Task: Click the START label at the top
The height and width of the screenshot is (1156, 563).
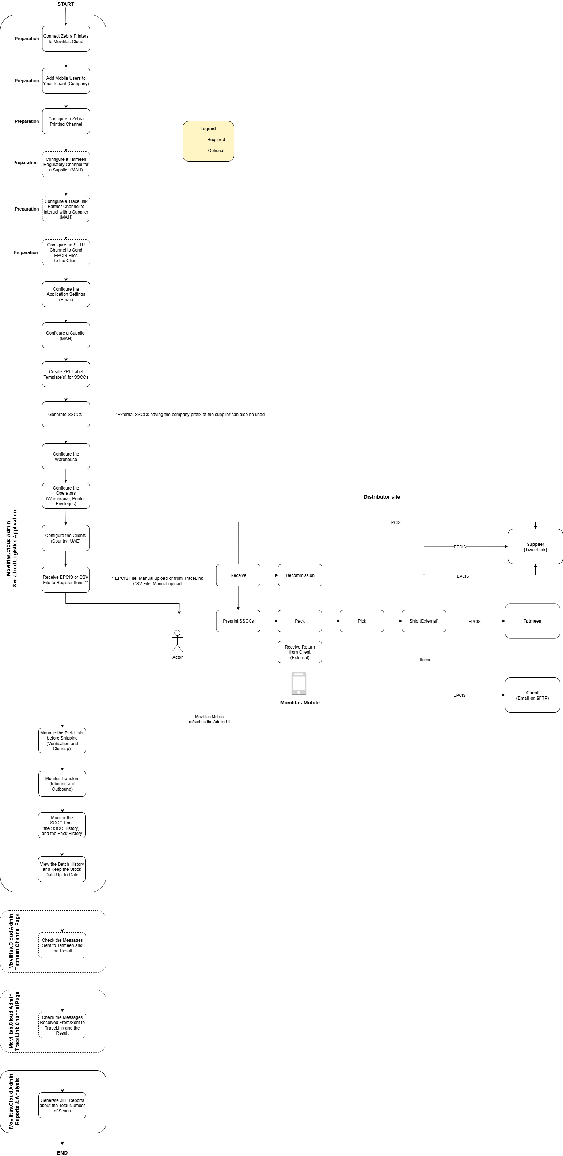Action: (65, 4)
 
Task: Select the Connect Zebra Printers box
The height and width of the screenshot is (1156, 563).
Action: (66, 39)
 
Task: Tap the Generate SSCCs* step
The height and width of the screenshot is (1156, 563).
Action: (66, 414)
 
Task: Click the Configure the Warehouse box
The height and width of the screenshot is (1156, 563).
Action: (66, 456)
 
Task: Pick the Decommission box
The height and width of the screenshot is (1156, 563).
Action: (300, 575)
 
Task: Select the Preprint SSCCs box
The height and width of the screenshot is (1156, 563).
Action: (238, 621)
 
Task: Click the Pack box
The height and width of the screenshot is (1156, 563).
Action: (300, 621)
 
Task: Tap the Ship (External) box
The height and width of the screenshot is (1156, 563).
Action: (423, 621)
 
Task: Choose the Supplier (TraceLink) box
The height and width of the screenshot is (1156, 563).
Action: (535, 547)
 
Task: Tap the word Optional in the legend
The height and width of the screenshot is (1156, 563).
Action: (216, 151)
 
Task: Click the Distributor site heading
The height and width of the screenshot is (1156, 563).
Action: (382, 497)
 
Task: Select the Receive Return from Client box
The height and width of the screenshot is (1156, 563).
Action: (300, 652)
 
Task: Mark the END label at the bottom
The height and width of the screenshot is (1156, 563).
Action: (62, 1152)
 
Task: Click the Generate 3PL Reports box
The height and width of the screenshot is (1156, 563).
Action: (62, 1105)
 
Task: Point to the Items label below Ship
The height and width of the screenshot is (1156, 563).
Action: (425, 660)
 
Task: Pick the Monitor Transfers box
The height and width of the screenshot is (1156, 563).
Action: (62, 783)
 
